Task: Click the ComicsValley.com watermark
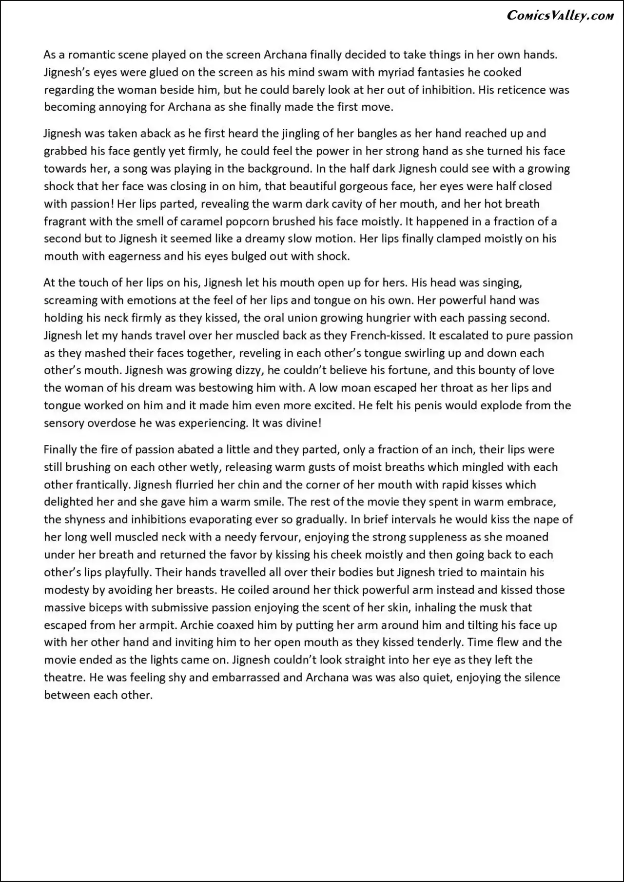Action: [x=560, y=16]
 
